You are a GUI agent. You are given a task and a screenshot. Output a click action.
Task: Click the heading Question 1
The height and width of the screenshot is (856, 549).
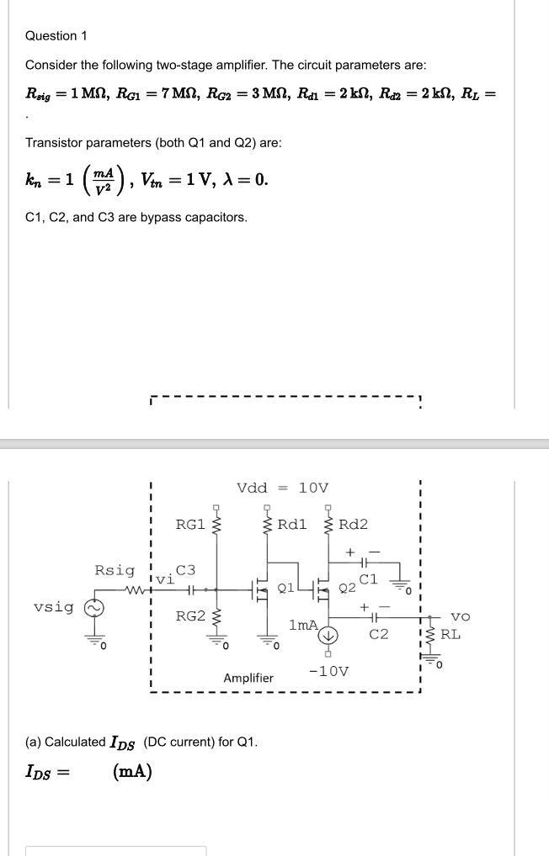point(56,35)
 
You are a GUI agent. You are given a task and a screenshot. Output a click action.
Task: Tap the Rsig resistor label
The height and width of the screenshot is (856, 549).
point(114,570)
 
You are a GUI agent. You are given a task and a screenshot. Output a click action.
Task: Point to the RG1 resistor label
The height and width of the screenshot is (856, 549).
point(189,525)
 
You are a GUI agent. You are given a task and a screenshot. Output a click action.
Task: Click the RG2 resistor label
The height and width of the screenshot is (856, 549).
point(189,616)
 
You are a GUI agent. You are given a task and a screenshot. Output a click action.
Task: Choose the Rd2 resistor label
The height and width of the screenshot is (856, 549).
point(353,525)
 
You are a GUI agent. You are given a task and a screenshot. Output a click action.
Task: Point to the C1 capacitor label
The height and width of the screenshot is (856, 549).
point(369,579)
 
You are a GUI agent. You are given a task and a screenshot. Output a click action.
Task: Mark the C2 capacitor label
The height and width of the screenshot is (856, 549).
point(379,634)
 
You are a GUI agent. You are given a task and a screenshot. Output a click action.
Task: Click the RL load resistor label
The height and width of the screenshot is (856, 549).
point(450,634)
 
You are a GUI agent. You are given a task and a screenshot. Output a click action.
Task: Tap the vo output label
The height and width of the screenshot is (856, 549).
point(450,617)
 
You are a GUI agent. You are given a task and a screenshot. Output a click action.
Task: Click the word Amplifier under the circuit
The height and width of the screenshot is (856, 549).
point(248,678)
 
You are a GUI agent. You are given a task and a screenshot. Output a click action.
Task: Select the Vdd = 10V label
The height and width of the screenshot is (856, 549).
point(283,488)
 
